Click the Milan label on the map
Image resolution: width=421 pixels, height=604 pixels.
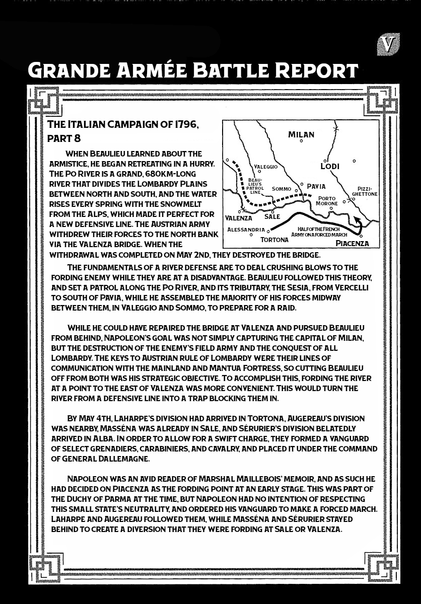(301, 134)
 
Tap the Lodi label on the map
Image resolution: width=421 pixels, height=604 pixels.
(330, 166)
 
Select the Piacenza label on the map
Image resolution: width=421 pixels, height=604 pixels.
(352, 243)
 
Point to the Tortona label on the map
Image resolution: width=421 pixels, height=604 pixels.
(274, 240)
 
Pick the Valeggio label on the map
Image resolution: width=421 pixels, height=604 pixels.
(265, 166)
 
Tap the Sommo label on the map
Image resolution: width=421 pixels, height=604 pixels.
(282, 189)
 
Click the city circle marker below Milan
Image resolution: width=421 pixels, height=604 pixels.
(301, 141)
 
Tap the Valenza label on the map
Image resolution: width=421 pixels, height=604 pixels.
(238, 218)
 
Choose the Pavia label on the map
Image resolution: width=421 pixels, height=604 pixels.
(316, 186)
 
